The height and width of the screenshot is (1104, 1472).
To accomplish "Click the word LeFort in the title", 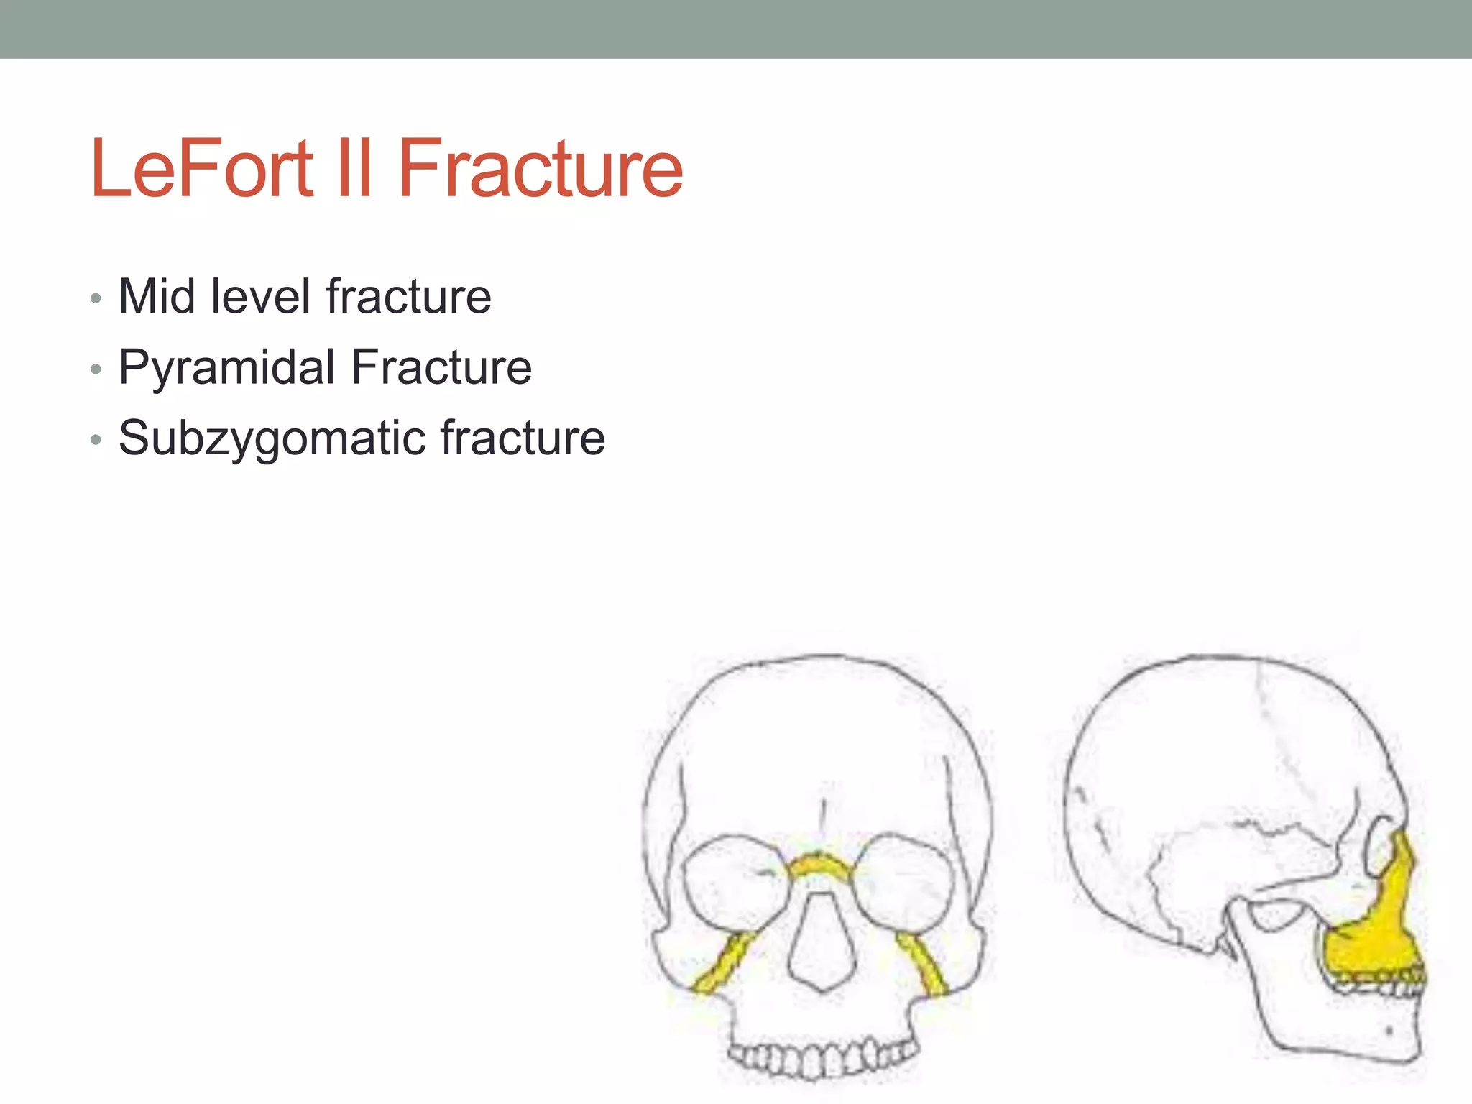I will click(202, 169).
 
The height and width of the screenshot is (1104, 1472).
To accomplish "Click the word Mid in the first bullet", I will click(156, 296).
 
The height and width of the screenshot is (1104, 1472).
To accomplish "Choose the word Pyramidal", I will click(226, 368).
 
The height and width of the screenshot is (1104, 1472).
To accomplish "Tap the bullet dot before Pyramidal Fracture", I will click(96, 369).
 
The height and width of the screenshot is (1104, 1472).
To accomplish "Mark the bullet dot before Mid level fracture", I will click(96, 298).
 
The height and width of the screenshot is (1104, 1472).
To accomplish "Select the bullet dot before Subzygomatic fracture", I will click(96, 440).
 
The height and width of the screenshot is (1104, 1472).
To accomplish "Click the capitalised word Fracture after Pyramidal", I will click(441, 367).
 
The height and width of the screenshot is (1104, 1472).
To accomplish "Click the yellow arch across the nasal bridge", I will click(819, 865).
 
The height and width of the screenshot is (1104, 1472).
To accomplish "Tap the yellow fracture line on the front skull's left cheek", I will click(723, 963).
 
